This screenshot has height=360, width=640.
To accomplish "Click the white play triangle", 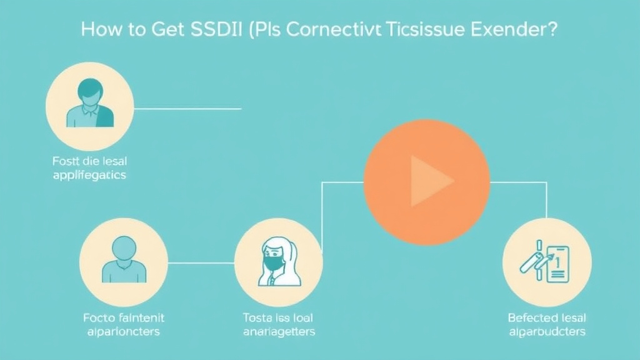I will (431, 181).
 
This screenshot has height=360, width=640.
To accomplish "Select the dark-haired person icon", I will (90, 103).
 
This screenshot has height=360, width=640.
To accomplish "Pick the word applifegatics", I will (89, 175).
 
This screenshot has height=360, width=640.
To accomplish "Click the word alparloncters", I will (123, 331).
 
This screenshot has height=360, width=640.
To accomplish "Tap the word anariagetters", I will (278, 331).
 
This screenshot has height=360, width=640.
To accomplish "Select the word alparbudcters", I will (546, 332).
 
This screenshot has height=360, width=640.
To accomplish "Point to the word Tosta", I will (254, 317).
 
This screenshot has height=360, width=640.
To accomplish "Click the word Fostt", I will (63, 161).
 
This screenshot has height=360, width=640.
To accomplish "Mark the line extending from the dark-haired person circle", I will (187, 109).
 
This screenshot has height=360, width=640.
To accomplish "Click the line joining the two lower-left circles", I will (201, 262).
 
